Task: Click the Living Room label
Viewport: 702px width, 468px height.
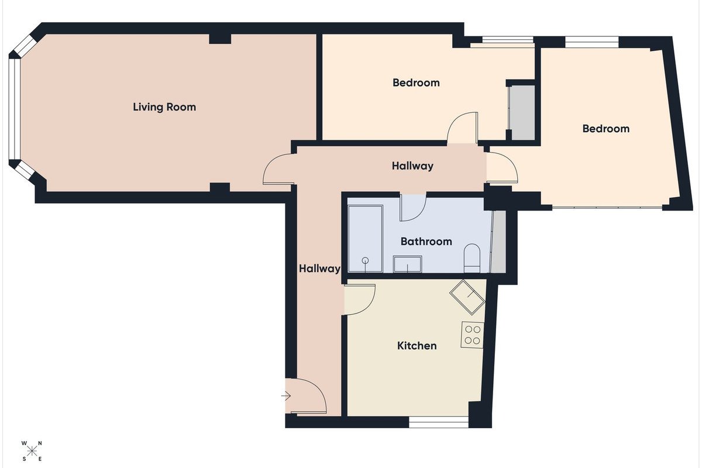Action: point(164,107)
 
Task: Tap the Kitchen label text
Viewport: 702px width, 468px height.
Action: point(417,346)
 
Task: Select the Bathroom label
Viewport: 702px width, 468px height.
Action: point(426,242)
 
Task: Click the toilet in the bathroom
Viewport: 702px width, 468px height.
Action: point(472,258)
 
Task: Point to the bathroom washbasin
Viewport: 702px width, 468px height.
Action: point(407,264)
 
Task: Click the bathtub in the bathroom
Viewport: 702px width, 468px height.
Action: point(366,239)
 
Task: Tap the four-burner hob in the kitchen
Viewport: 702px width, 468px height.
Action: point(472,335)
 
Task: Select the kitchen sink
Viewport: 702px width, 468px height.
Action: point(467,297)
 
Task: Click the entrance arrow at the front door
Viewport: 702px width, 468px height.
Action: point(286,396)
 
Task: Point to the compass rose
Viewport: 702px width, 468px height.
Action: point(32,452)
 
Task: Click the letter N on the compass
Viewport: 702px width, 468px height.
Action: point(40,443)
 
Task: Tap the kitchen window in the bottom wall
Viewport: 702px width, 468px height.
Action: point(439,422)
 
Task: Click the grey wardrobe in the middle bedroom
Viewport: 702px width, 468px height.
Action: point(521,112)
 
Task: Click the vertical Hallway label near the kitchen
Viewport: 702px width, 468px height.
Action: point(319,269)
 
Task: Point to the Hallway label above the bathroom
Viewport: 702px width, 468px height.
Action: point(412,166)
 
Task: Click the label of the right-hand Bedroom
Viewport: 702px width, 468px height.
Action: point(606,129)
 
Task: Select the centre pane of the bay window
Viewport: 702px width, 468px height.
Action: point(15,109)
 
